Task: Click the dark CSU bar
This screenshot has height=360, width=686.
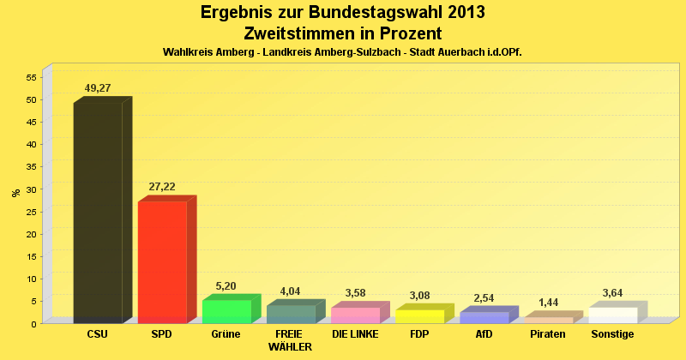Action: pos(98,212)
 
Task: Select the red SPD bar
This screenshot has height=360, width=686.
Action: pos(162,261)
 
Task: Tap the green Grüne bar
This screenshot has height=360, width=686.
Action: pos(226,311)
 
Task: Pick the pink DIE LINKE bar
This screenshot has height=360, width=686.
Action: pos(355,315)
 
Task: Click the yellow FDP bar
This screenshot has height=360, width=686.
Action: pos(419,315)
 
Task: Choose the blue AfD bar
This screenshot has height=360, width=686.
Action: pos(484,317)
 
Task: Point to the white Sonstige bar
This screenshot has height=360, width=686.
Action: pos(612,315)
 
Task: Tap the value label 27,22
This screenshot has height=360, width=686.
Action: pos(163,186)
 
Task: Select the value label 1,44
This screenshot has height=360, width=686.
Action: pos(548,303)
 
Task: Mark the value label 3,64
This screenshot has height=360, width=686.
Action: pos(613,292)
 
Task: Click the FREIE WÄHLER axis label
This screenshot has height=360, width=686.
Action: pos(290,340)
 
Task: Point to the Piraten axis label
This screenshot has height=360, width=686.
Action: pos(548,334)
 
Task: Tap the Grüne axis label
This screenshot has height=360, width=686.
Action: pos(226,334)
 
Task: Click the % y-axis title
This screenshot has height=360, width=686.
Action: pos(15,193)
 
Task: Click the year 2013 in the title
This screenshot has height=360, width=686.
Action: pos(464,12)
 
